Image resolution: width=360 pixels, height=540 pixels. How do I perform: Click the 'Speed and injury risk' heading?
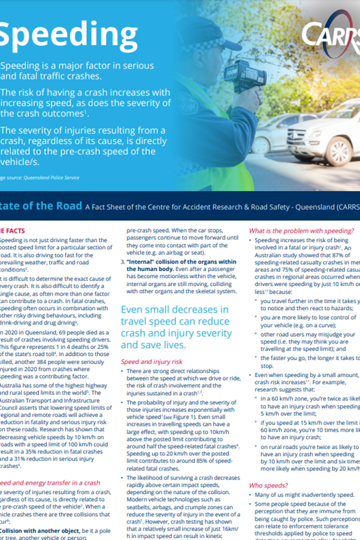(152, 361)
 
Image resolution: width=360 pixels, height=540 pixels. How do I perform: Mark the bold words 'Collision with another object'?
(44, 530)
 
